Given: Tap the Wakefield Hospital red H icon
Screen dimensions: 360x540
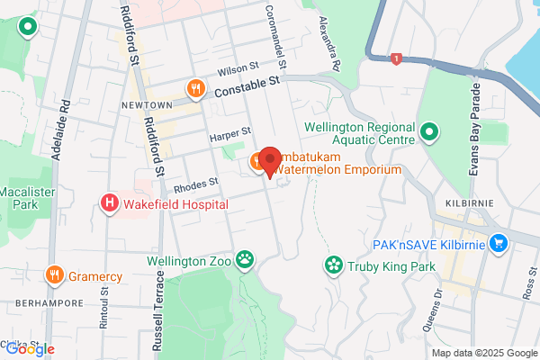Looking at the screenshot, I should (x=110, y=203).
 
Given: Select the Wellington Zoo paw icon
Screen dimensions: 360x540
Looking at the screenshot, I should (x=245, y=261).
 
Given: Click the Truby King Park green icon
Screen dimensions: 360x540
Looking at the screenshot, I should (x=334, y=265).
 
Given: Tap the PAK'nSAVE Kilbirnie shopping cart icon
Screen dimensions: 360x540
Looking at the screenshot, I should (x=499, y=244).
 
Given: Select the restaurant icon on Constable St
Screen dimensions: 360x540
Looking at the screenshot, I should (x=194, y=88).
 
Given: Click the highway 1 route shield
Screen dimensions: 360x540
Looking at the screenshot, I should (x=395, y=59).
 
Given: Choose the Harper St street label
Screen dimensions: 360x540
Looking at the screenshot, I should (x=227, y=136).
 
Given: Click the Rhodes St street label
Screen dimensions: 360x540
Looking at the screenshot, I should (x=196, y=183).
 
